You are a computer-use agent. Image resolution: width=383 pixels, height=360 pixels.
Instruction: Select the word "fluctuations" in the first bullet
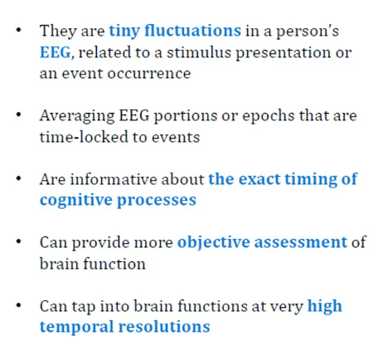pos(193,30)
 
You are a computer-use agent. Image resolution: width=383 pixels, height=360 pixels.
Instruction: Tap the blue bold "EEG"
pos(56,52)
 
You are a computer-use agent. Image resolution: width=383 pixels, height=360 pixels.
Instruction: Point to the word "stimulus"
pos(199,52)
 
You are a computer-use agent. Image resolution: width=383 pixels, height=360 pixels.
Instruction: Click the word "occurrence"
pos(149,74)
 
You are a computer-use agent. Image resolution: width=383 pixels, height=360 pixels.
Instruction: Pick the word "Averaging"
pos(77,116)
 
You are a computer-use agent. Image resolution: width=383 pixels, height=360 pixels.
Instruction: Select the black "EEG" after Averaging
pos(134,115)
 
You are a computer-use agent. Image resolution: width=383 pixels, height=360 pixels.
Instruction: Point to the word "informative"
pos(114,179)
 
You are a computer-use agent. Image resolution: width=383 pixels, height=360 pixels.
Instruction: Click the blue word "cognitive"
pos(76,201)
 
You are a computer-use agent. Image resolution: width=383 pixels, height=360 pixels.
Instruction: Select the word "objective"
pos(214,243)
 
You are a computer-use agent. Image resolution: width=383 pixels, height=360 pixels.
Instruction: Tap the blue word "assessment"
pos(301,242)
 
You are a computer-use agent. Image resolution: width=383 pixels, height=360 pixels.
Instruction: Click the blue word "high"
pos(325,306)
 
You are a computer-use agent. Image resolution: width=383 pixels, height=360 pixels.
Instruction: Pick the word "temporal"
pos(77,327)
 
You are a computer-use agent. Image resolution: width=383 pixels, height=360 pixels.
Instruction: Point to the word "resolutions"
pos(164,326)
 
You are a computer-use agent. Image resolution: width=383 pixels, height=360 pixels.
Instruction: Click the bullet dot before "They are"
pos(18,30)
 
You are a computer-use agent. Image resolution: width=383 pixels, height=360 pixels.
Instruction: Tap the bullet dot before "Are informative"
pos(18,178)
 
